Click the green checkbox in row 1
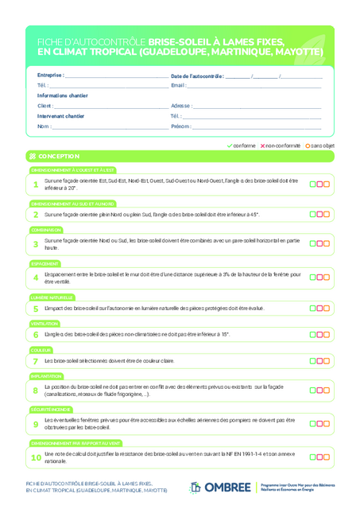[x=313, y=185]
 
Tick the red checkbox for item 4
[x=319, y=277]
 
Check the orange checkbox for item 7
[x=326, y=360]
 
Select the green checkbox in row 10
[x=313, y=457]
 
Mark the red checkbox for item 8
[x=319, y=390]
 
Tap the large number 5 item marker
[x=36, y=308]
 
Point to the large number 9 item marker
[x=36, y=424]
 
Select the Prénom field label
[x=181, y=126]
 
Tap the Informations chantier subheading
[x=63, y=95]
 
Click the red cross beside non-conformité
[x=262, y=146]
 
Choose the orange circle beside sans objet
[x=308, y=146]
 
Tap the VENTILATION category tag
[x=45, y=324]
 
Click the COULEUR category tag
[x=41, y=350]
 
